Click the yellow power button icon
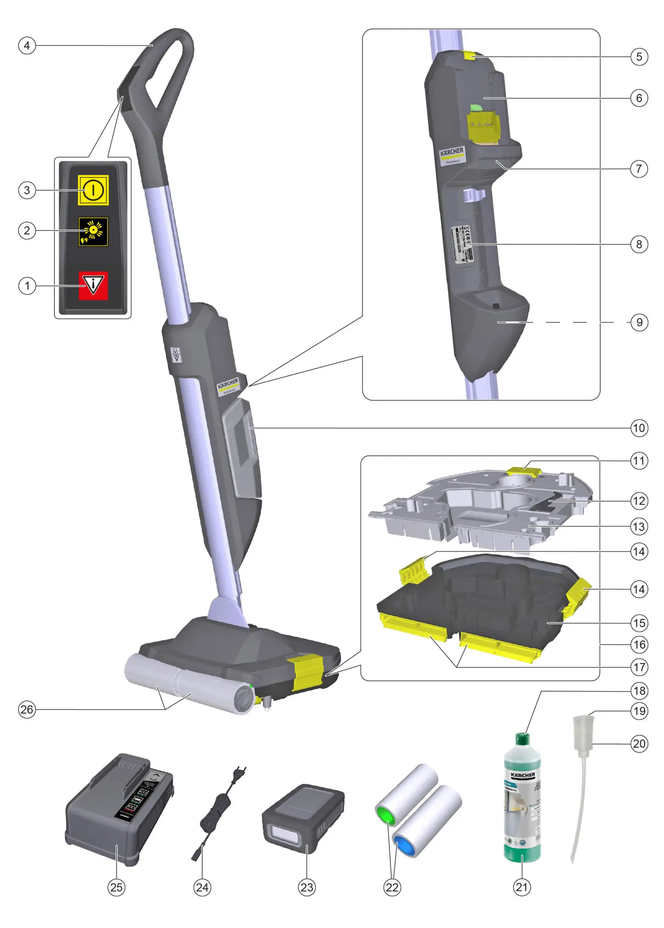pos(93,190)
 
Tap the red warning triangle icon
pos(93,285)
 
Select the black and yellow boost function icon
pos(93,232)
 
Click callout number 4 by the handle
pos(27,45)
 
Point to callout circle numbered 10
pos(639,428)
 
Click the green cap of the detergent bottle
pos(523,739)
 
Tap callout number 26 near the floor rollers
pos(27,709)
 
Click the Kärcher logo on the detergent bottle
pos(523,775)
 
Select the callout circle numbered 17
pos(639,667)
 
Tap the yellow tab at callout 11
pos(523,471)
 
